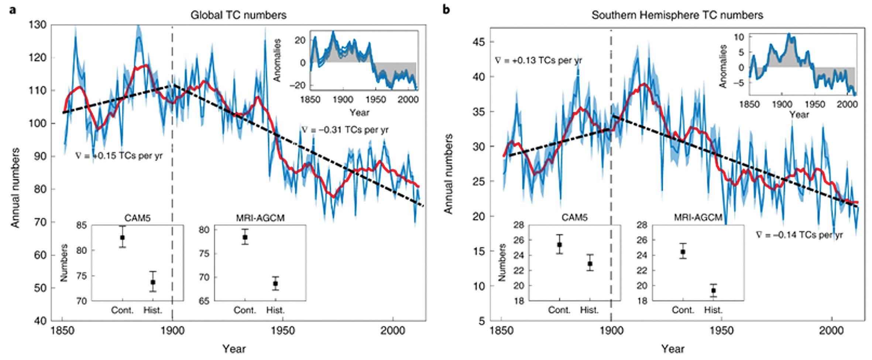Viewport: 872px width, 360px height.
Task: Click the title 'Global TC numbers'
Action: coord(238,15)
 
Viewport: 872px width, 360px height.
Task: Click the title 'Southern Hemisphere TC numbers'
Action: coord(677,15)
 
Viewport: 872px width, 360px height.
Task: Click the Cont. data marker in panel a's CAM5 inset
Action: coord(122,237)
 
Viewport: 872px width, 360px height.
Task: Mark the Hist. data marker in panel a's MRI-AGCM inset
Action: coord(275,284)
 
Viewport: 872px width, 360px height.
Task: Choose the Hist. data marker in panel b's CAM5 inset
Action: coord(590,264)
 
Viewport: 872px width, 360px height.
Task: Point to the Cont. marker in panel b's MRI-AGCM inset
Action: coord(683,251)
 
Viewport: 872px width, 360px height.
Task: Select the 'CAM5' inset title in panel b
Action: coord(575,218)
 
